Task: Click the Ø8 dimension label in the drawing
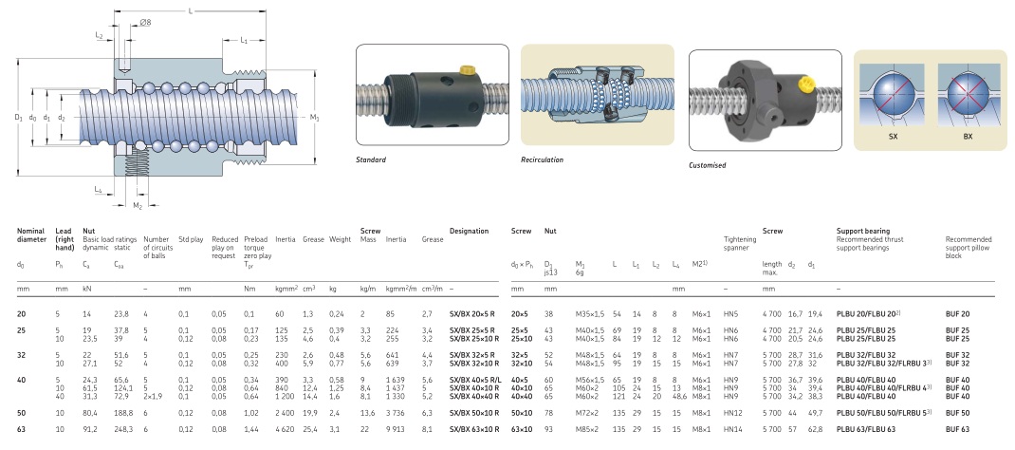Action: pyautogui.click(x=146, y=23)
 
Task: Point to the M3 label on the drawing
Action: pyautogui.click(x=315, y=117)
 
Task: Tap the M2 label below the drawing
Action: pyautogui.click(x=138, y=206)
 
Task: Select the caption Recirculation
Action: pyautogui.click(x=542, y=159)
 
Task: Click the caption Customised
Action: pyautogui.click(x=708, y=165)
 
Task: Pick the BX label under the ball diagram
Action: pyautogui.click(x=968, y=137)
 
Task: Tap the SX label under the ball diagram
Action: pyautogui.click(x=893, y=137)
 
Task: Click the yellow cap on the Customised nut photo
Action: pyautogui.click(x=805, y=83)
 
